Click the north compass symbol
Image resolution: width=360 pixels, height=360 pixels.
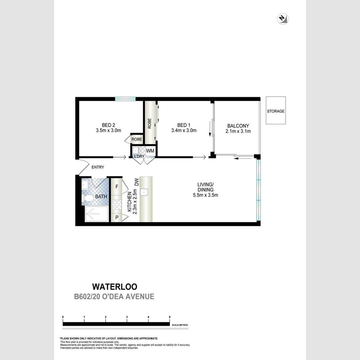283,19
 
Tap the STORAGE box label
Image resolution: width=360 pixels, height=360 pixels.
275,111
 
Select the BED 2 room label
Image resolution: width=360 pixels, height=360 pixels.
108,125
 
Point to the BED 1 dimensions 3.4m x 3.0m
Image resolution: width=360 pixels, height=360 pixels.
184,131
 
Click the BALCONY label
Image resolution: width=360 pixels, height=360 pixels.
238,126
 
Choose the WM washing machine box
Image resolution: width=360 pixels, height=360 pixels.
150,151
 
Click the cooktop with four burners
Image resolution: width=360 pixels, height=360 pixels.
117,204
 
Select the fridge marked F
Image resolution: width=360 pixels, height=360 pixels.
117,187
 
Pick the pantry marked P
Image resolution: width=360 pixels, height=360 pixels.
117,218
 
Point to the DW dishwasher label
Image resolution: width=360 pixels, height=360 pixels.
136,182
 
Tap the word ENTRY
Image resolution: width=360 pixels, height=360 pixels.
98,167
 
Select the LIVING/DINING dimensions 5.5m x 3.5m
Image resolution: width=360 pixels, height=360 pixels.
205,195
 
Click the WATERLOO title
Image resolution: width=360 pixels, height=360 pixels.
115,286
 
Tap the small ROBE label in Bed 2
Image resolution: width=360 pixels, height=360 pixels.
136,139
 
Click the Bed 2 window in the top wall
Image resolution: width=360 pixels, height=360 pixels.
125,99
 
